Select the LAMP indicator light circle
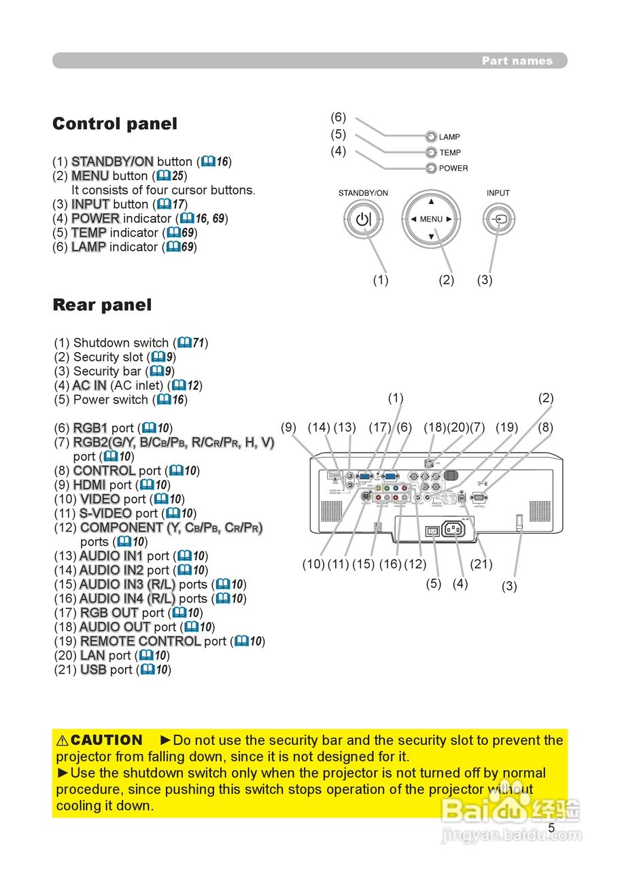point(431,137)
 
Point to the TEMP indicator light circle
point(431,152)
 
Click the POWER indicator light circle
point(431,168)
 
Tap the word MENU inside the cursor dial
point(431,220)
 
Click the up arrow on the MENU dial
point(431,202)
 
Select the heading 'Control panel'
point(114,124)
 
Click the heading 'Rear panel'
point(102,305)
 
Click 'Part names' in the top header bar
point(517,60)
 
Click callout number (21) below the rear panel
point(481,563)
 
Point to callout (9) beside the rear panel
point(289,428)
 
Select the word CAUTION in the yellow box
point(107,740)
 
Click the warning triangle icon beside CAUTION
point(62,740)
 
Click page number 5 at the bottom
point(551,828)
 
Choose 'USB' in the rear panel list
point(93,669)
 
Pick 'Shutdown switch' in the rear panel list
point(120,343)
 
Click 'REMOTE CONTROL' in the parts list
point(140,641)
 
